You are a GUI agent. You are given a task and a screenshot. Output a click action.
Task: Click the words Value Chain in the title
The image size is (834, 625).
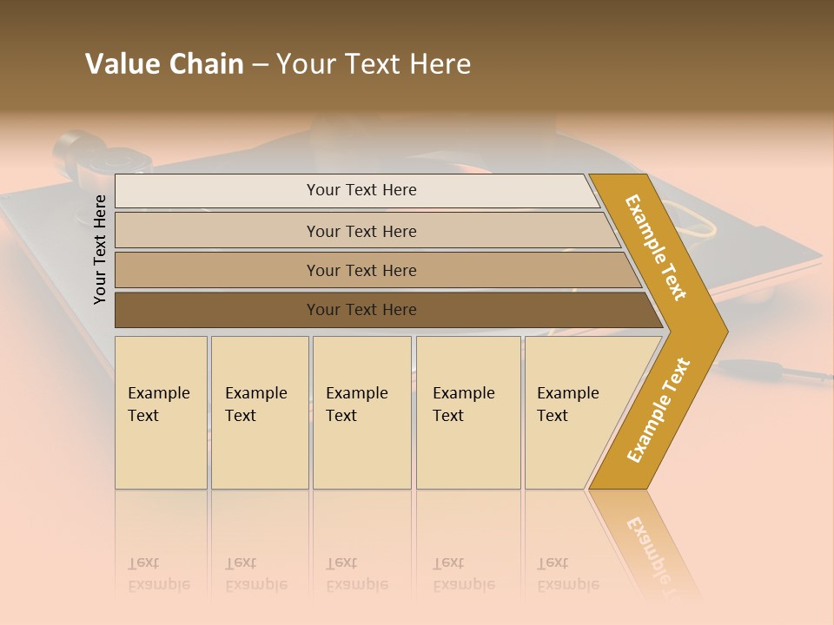point(164,64)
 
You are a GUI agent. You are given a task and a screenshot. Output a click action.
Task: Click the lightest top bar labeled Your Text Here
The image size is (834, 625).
point(361,190)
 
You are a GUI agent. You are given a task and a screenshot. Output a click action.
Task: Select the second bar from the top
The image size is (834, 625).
point(361,231)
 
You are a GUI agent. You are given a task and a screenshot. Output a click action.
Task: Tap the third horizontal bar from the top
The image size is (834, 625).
point(361,270)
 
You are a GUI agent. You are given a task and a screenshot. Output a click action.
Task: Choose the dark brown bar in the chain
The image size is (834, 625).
point(361,310)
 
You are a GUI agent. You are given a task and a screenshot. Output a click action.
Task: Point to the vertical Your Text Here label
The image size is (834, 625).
point(100,249)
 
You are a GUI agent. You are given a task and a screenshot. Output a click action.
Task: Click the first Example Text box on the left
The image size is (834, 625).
point(161,411)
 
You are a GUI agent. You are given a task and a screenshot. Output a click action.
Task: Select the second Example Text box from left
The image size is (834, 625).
point(259,411)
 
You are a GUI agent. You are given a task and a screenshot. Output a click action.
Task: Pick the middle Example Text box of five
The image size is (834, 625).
point(361,411)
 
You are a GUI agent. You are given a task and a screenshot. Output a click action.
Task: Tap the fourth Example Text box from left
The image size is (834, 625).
point(467,411)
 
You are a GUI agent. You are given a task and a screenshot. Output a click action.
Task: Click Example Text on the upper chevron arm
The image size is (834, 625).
point(656,247)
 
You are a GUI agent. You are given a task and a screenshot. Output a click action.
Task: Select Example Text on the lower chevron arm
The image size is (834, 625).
point(659,410)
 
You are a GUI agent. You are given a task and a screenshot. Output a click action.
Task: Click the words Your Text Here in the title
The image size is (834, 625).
point(374,64)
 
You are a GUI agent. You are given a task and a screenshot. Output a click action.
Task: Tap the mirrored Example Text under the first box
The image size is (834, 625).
point(159,574)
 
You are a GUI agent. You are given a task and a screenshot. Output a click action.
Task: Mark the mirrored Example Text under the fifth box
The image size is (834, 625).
point(568,574)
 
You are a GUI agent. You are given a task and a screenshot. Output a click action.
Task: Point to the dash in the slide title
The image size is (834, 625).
point(260,65)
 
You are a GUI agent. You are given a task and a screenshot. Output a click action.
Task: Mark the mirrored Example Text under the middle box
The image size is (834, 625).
point(357,574)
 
